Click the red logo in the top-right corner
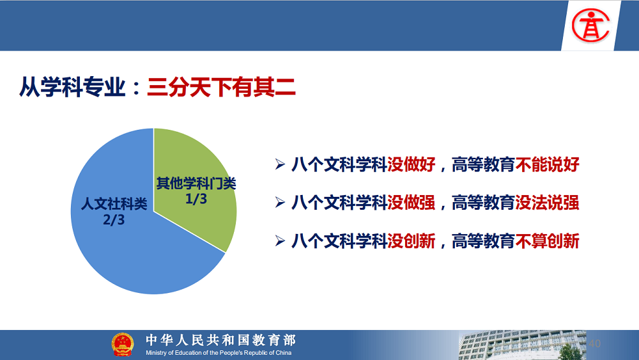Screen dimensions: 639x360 point(590,26)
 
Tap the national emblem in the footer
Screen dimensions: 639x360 point(123,345)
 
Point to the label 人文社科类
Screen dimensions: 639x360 point(114,204)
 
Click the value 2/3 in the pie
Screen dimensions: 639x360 point(114,220)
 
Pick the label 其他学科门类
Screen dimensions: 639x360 point(196,184)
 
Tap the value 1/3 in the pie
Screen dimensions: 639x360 point(196,199)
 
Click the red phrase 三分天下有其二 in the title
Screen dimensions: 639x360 point(221,87)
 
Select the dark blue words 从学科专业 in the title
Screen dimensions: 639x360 point(72,87)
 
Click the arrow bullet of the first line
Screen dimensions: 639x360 point(280,164)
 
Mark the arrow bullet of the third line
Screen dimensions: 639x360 point(280,241)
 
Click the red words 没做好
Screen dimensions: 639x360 point(411,164)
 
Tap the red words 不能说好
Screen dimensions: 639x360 point(548,164)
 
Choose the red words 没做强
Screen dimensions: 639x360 point(411,203)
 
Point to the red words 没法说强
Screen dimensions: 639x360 point(548,203)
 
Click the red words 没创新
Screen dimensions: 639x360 point(411,241)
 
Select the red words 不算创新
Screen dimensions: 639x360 point(548,241)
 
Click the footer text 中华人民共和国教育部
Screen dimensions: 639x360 point(221,340)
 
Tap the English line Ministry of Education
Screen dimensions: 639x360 point(219,353)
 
